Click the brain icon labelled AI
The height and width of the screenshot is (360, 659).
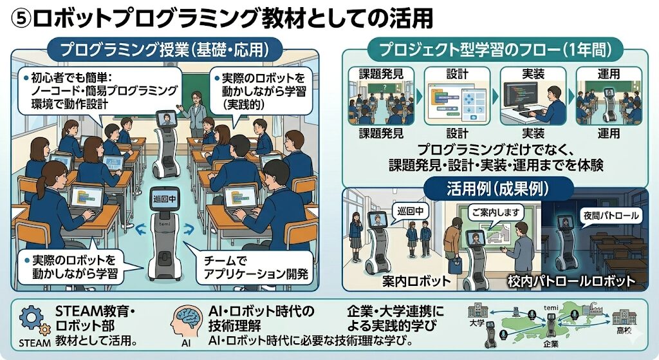coord(187,319)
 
